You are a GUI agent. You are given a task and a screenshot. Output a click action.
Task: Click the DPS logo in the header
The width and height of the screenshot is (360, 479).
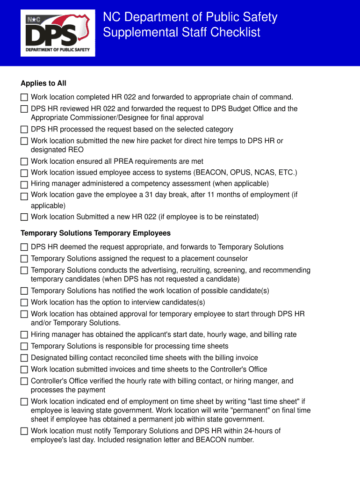click(x=58, y=33)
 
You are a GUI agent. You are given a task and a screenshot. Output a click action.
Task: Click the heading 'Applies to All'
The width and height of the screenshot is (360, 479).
click(x=43, y=83)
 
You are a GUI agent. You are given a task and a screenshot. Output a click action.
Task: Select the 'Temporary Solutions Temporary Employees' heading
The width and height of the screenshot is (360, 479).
click(x=95, y=233)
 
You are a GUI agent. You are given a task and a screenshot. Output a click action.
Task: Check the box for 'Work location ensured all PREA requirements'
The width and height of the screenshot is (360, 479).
click(x=24, y=161)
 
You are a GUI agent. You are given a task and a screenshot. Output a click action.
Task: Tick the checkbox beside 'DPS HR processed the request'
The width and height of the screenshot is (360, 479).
click(x=24, y=130)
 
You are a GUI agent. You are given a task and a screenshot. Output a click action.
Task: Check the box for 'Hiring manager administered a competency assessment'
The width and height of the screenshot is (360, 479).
click(x=24, y=184)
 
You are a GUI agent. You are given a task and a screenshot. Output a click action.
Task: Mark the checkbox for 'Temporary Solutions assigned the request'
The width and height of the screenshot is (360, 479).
click(x=24, y=259)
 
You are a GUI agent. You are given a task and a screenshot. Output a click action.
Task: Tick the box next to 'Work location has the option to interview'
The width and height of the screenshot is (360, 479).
click(x=24, y=303)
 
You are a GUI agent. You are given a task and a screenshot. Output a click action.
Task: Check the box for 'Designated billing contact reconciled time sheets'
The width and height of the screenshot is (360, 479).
click(x=24, y=358)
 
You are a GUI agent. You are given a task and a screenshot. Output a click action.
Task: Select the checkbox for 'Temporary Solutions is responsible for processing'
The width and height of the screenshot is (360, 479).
click(x=24, y=347)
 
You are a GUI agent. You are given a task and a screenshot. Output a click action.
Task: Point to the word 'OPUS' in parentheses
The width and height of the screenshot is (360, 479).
click(x=238, y=173)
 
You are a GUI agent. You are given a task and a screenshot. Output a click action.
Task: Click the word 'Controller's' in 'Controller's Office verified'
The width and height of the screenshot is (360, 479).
click(x=50, y=381)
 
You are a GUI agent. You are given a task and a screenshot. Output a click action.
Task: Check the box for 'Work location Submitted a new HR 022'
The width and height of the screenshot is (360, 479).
click(x=24, y=217)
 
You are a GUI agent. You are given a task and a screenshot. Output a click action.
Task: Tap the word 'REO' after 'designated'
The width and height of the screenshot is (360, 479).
click(x=75, y=150)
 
